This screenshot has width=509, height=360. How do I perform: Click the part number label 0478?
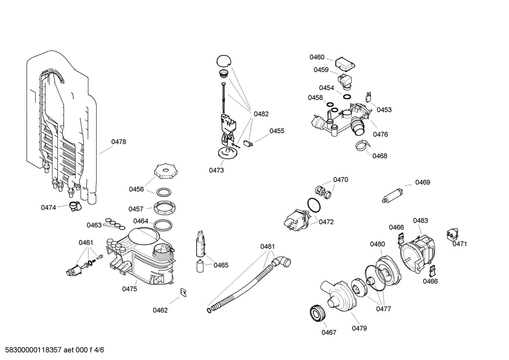pyautogui.click(x=119, y=142)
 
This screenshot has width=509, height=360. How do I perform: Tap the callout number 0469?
pyautogui.click(x=423, y=182)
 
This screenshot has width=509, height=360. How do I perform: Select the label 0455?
pyautogui.click(x=277, y=131)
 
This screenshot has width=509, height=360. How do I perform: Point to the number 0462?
pyautogui.click(x=160, y=310)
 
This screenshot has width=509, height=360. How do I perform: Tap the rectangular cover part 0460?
pyautogui.click(x=345, y=64)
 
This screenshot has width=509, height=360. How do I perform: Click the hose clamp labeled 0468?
pyautogui.click(x=362, y=145)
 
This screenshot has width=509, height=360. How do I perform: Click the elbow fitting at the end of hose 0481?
pyautogui.click(x=281, y=261)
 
